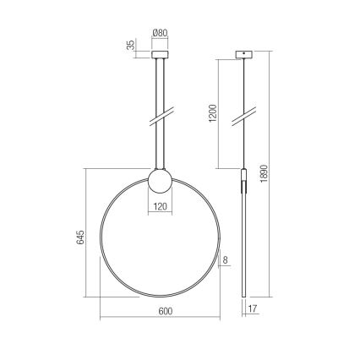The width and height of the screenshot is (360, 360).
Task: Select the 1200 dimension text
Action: (x=214, y=114)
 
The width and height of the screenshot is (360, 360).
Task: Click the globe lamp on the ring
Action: (x=160, y=181)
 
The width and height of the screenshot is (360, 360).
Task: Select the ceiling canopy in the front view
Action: (x=160, y=56)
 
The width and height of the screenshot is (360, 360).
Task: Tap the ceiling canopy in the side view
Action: (x=244, y=56)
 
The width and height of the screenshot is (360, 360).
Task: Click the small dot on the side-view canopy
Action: (x=244, y=52)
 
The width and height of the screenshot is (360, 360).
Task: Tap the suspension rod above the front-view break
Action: (x=160, y=85)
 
